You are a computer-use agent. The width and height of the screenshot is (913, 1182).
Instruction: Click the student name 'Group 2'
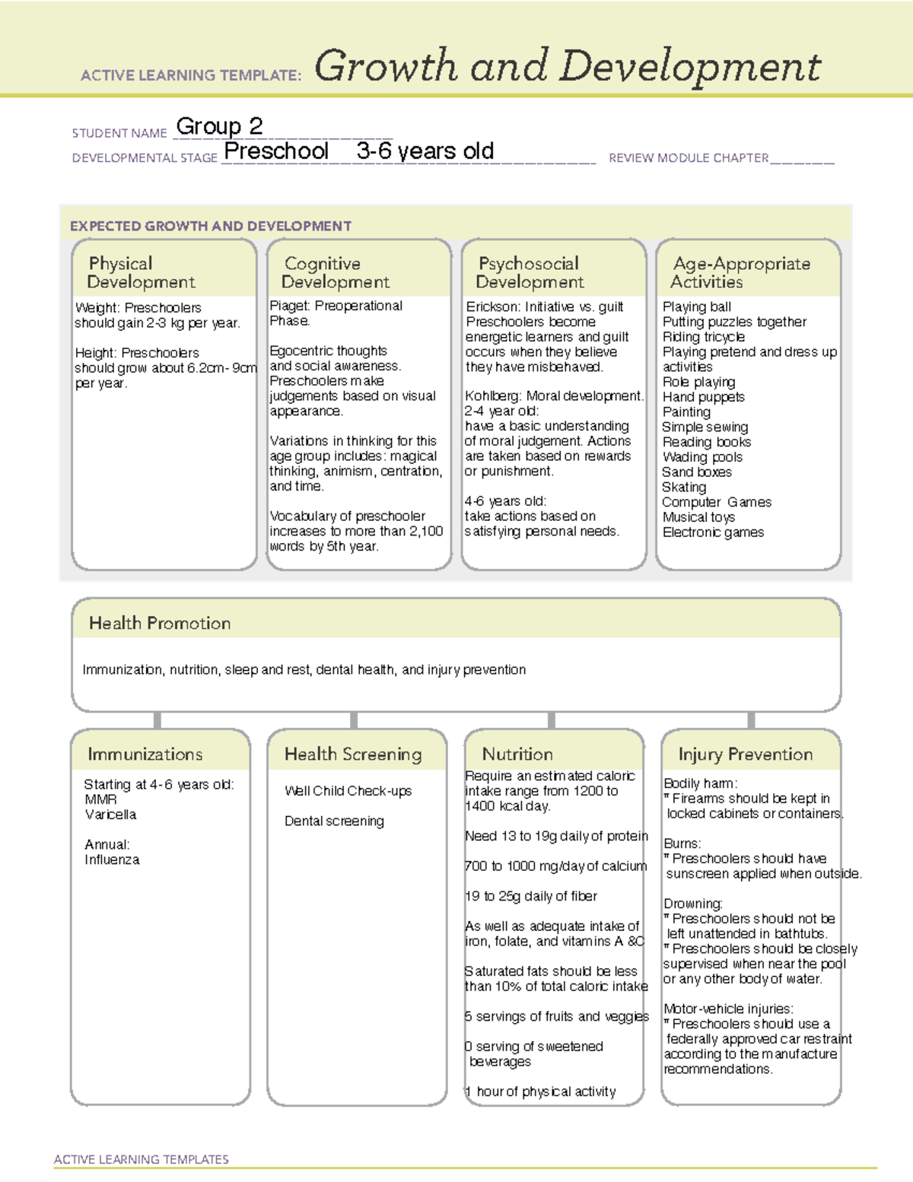pyautogui.click(x=219, y=126)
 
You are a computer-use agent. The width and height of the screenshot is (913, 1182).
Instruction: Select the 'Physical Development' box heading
pyautogui.click(x=141, y=272)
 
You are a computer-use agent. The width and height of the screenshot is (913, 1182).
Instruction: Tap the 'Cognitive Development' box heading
pyautogui.click(x=335, y=272)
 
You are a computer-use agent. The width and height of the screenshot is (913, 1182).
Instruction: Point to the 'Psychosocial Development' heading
pyautogui.click(x=530, y=272)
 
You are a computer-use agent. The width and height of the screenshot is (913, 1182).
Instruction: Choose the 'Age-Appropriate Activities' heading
pyautogui.click(x=741, y=272)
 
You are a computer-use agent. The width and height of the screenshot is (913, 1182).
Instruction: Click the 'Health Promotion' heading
pyautogui.click(x=160, y=623)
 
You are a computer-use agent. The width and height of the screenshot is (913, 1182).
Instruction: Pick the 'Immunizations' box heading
pyautogui.click(x=145, y=754)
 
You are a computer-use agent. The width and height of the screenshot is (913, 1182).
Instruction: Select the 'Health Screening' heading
pyautogui.click(x=353, y=754)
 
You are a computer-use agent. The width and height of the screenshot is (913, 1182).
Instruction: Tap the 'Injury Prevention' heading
pyautogui.click(x=746, y=754)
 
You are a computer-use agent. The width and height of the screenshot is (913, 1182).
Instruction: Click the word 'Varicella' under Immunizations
pyautogui.click(x=111, y=815)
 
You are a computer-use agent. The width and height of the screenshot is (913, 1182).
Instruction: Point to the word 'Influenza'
pyautogui.click(x=112, y=860)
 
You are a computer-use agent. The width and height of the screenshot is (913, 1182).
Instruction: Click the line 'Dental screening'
pyautogui.click(x=334, y=821)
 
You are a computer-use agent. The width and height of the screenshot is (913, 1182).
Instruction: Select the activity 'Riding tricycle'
pyautogui.click(x=704, y=337)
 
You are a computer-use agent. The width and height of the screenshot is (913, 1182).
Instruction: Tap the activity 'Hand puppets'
pyautogui.click(x=704, y=397)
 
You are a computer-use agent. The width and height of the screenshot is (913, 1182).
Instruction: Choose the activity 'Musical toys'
pyautogui.click(x=698, y=517)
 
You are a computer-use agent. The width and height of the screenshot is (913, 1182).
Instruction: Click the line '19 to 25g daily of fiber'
pyautogui.click(x=531, y=896)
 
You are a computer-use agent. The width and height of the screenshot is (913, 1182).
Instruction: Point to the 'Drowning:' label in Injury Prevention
pyautogui.click(x=693, y=904)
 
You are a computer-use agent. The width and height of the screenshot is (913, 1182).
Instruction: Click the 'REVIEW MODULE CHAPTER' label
pyautogui.click(x=689, y=158)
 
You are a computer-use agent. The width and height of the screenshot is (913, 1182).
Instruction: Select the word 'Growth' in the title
pyautogui.click(x=385, y=66)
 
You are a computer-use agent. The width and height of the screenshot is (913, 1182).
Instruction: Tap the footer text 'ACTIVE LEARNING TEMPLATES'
pyautogui.click(x=142, y=1159)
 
